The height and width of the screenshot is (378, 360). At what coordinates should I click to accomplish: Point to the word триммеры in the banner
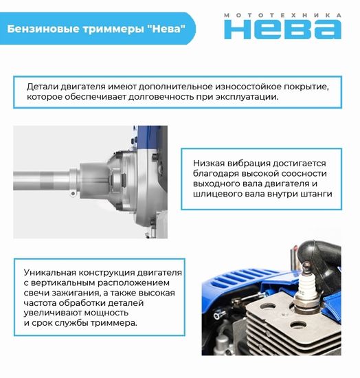(x=109, y=30)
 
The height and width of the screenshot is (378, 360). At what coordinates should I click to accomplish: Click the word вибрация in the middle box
(x=253, y=163)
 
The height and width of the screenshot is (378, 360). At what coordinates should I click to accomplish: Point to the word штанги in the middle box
(x=317, y=194)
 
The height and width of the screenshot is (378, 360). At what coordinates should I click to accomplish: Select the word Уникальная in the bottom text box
(x=51, y=271)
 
